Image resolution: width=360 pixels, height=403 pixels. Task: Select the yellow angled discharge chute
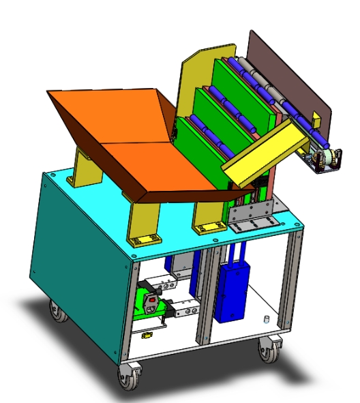coord(262,157)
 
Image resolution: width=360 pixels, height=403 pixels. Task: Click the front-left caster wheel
coord(127,376)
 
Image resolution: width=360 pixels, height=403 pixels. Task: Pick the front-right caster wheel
coord(268,350)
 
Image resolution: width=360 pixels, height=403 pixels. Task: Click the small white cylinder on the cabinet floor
coord(267,319)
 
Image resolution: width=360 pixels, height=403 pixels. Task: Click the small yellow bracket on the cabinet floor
coord(145,335)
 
